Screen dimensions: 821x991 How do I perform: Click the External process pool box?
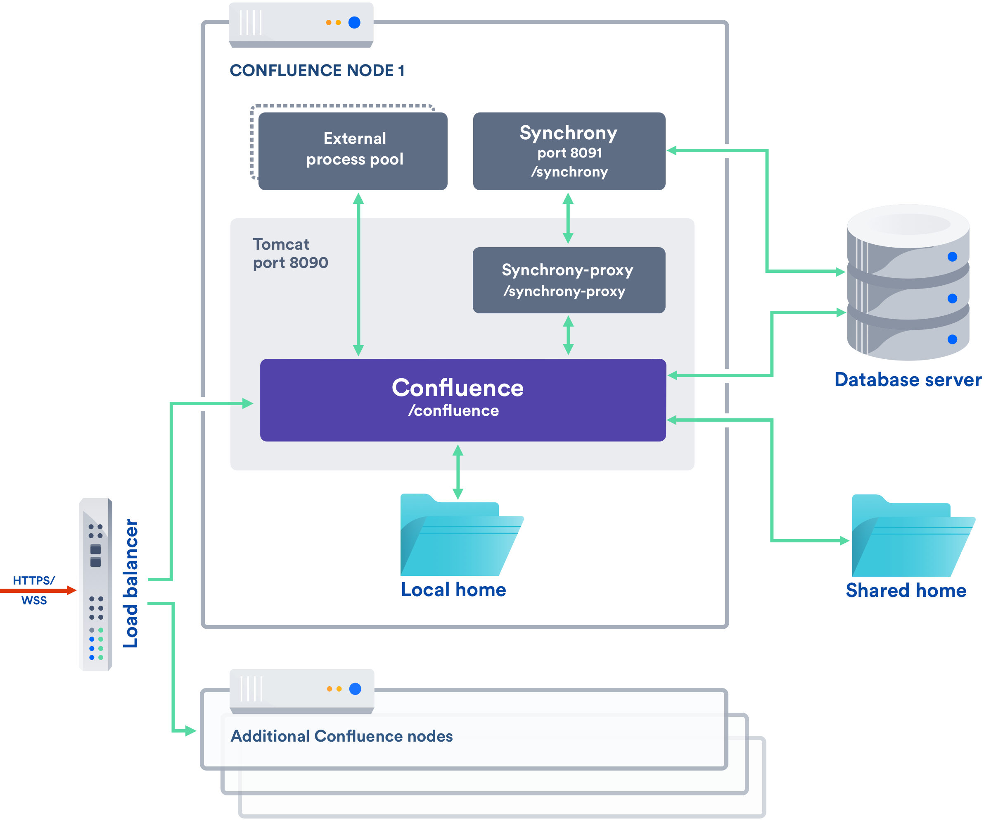coord(353,151)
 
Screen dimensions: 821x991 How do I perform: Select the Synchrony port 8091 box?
coord(569,151)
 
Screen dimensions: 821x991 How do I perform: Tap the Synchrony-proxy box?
coord(569,280)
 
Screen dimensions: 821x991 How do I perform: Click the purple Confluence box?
coord(462,400)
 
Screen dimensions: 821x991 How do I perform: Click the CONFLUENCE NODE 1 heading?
coord(317,70)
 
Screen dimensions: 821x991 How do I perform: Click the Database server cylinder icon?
coord(908,284)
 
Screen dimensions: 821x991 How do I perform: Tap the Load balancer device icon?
coord(96,585)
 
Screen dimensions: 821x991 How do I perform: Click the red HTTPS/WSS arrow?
coord(38,590)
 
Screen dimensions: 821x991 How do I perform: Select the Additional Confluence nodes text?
coord(341,736)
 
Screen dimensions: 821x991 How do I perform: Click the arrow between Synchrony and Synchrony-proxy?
coord(568,218)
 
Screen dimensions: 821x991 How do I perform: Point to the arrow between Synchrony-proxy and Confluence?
coord(568,335)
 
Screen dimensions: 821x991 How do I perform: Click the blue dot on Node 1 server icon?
coord(354,22)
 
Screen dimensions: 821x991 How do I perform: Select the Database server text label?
coord(908,380)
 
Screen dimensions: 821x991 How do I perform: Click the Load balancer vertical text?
coord(131,583)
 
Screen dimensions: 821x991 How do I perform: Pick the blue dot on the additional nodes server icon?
coord(356,689)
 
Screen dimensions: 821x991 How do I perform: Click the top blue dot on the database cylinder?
coord(952,256)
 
